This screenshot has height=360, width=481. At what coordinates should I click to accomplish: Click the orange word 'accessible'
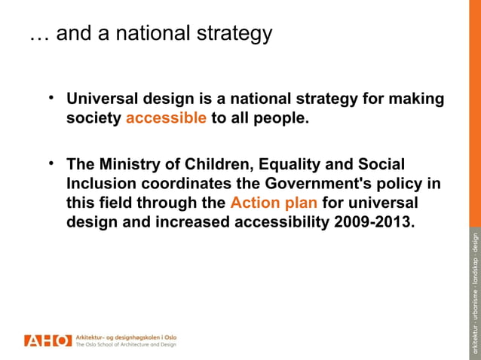(x=166, y=119)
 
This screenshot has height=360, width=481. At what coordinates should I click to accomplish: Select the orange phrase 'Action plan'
(x=274, y=203)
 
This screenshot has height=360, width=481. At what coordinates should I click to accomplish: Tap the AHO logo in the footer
(x=47, y=340)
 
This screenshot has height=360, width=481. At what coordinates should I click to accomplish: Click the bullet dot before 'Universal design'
(x=51, y=98)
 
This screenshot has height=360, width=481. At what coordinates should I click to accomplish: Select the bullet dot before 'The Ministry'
(x=51, y=163)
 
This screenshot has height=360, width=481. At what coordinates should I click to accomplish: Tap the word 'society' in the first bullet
(x=94, y=119)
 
